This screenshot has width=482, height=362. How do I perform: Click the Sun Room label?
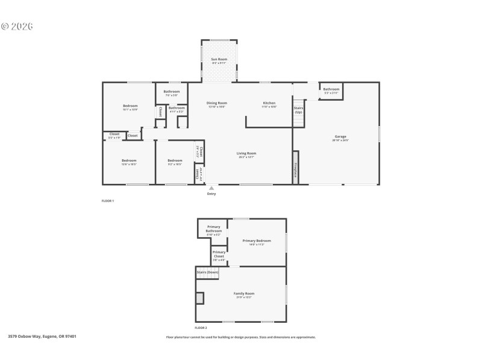(219, 59)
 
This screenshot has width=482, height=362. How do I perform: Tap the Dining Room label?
(217, 103)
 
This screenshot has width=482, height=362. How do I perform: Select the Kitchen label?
(269, 103)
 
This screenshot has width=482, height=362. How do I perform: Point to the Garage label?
(340, 137)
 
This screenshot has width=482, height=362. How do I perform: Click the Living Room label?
(246, 153)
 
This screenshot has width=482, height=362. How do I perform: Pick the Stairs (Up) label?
(298, 110)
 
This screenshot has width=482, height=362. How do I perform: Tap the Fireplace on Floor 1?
(295, 171)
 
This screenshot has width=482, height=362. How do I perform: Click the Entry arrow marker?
(211, 188)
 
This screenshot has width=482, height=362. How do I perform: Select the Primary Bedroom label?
(257, 241)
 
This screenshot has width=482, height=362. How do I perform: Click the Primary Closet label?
(219, 254)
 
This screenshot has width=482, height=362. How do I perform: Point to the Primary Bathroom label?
(214, 229)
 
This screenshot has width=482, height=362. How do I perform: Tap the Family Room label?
(244, 294)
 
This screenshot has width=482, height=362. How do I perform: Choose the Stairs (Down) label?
(207, 272)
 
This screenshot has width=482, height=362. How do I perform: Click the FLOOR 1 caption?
(108, 200)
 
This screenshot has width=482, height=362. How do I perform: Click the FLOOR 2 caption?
(201, 328)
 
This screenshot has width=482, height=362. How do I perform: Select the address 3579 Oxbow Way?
(42, 336)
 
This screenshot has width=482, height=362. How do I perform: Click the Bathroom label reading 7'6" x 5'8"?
(171, 92)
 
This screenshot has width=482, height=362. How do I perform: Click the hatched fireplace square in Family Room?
(200, 298)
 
